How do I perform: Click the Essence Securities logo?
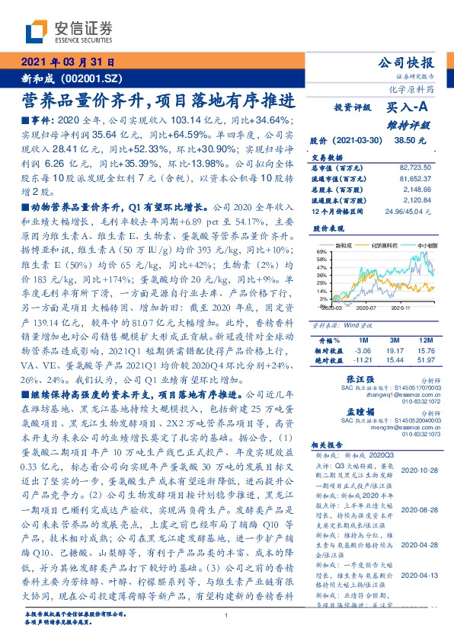(x=68, y=32)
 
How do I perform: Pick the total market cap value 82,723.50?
(x=414, y=167)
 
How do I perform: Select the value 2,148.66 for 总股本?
(x=418, y=188)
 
